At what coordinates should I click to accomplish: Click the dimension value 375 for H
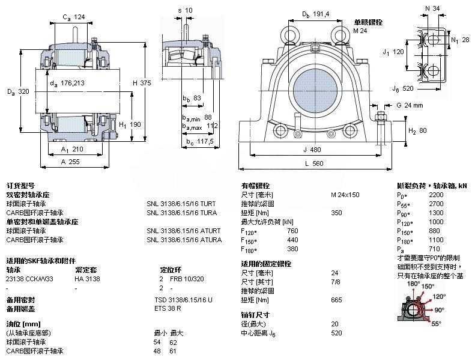[x=147, y=83]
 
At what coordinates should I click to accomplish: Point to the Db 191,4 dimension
[x=315, y=13]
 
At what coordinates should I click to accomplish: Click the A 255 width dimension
[x=71, y=161]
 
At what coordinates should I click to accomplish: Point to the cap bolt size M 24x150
[x=345, y=195]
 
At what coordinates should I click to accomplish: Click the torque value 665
[x=336, y=299]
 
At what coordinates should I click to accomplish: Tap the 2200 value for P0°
[x=436, y=195]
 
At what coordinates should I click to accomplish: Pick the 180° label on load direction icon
[x=413, y=284]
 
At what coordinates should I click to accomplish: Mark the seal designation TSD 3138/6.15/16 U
[x=184, y=299]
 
